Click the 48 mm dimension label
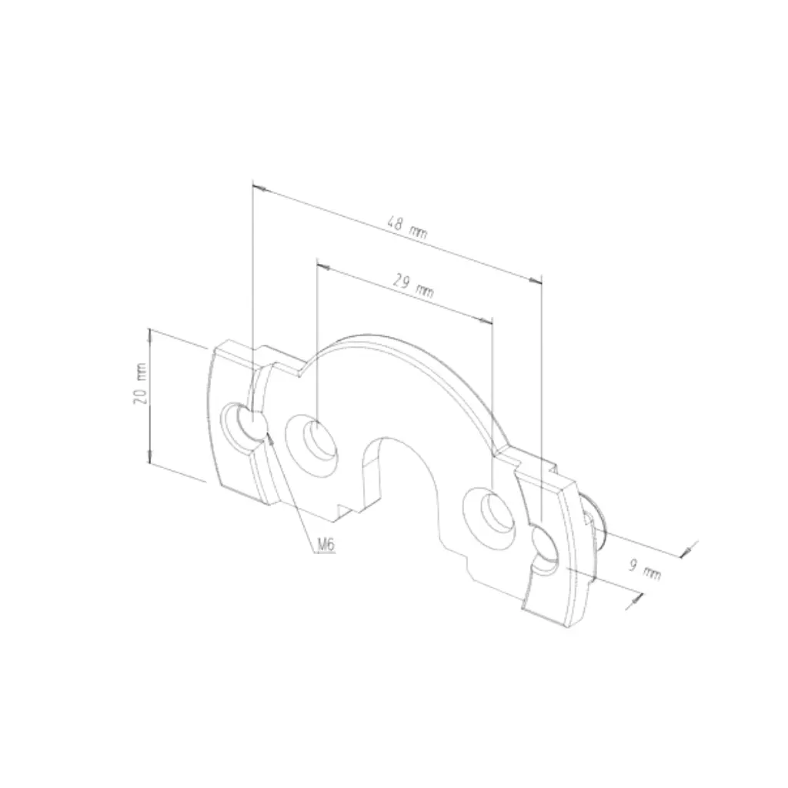click(x=406, y=228)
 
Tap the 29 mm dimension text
click(x=412, y=287)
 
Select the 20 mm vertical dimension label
click(x=140, y=383)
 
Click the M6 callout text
click(x=326, y=544)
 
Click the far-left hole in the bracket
click(x=243, y=426)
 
